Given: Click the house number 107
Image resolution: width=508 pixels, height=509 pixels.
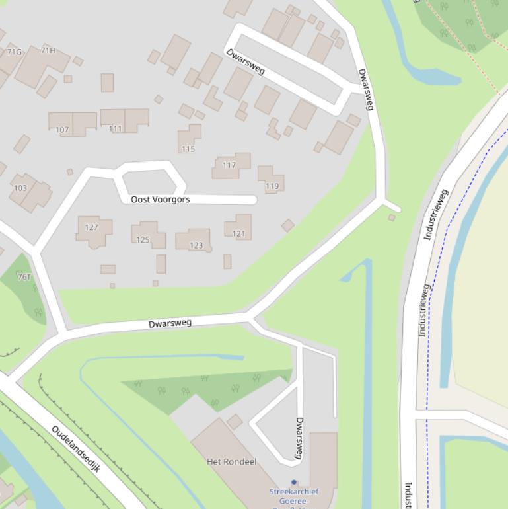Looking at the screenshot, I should [x=62, y=130].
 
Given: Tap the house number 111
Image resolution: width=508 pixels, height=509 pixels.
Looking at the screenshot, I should [x=116, y=128].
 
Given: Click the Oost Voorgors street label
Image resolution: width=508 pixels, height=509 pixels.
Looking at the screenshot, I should [x=160, y=199].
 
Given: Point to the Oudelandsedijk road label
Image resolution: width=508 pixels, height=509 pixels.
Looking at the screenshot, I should [x=76, y=450].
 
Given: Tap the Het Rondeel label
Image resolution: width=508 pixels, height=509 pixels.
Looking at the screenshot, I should [x=231, y=461].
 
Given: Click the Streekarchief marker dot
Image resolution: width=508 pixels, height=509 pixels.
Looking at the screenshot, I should [x=294, y=483].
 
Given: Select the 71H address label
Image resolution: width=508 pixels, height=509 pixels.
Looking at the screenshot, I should [x=48, y=50].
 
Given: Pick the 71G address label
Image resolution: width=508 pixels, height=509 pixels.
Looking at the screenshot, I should [x=14, y=52].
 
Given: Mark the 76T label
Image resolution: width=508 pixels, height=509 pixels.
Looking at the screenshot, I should [x=24, y=277].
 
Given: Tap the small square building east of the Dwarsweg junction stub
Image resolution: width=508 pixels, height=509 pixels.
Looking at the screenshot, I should [x=392, y=217].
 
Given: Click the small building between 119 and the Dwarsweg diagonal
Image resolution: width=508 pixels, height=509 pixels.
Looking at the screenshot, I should [x=287, y=225].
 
